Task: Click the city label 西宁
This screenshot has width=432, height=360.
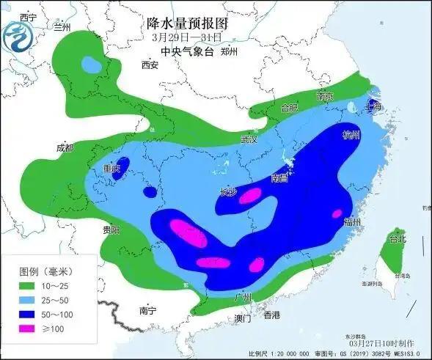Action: (x=28, y=17)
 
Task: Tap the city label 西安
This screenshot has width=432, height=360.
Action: (x=150, y=65)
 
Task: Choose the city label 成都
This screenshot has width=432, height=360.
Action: (x=65, y=148)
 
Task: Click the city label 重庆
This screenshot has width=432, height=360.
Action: (x=111, y=169)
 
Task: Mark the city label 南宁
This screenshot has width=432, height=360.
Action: (x=147, y=311)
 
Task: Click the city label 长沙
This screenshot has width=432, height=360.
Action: (x=228, y=193)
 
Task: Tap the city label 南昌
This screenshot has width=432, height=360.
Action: (x=279, y=177)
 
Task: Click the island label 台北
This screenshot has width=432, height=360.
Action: (x=397, y=239)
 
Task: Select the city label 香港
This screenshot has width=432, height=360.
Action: (x=271, y=316)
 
